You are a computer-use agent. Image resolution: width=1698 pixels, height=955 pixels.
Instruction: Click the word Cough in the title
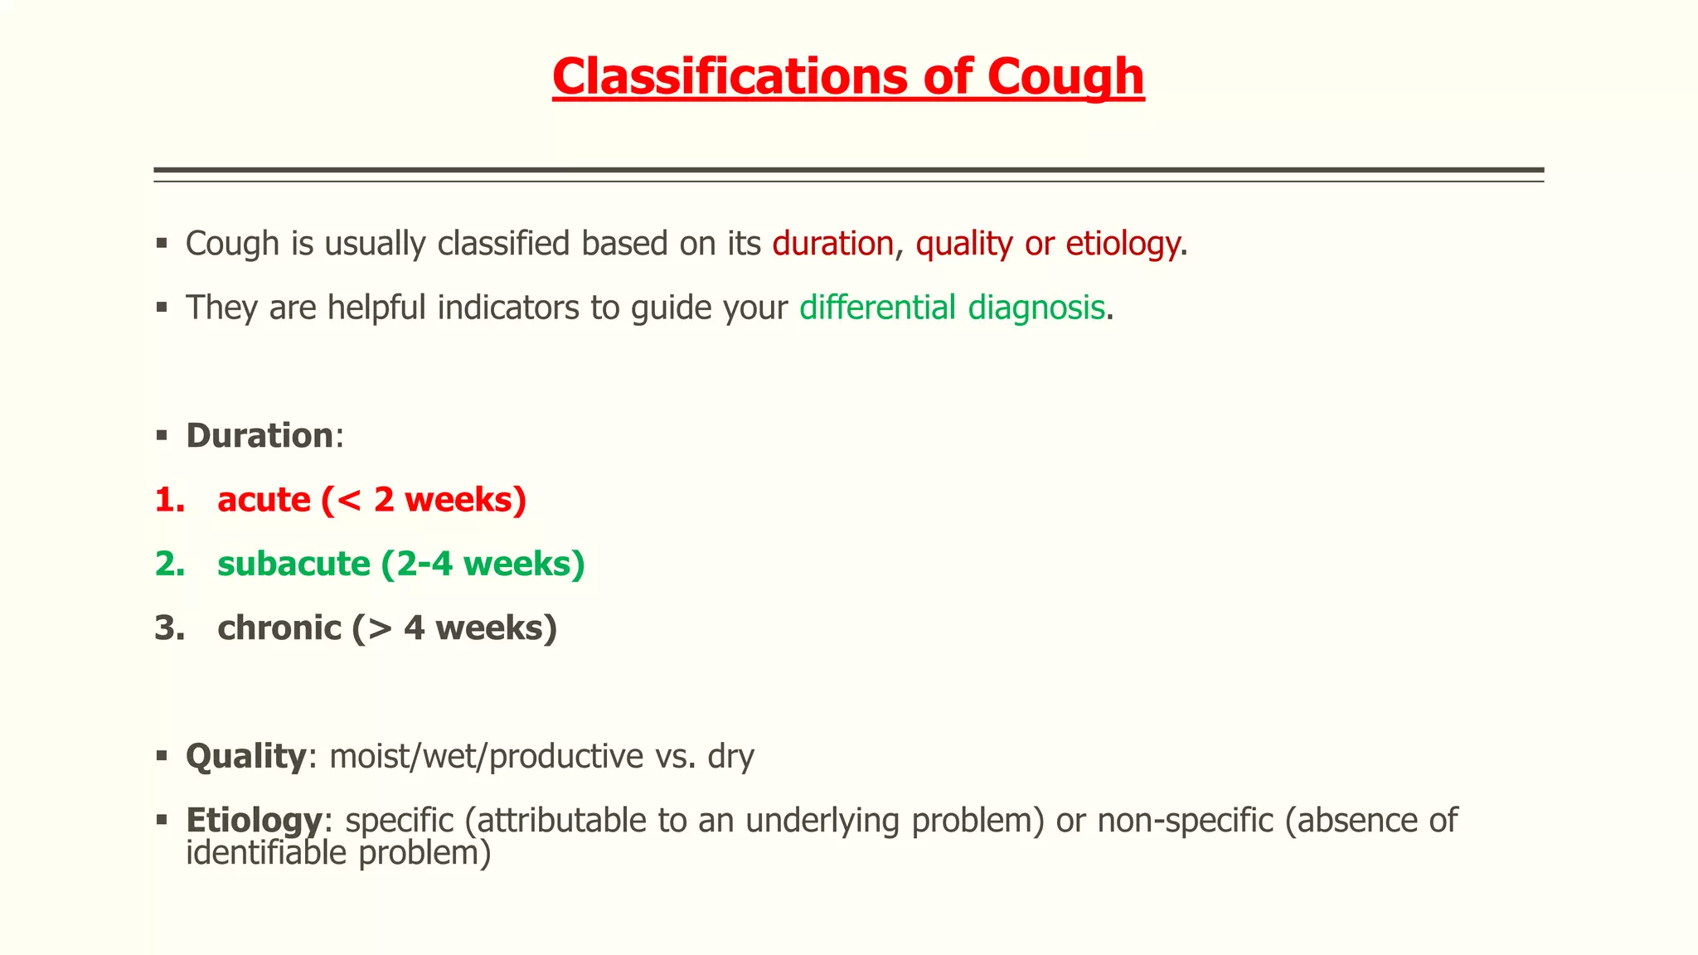[1065, 77]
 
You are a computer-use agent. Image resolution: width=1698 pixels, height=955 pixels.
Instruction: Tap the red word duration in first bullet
[832, 244]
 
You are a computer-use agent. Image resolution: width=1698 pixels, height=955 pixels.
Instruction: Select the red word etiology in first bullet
[1122, 244]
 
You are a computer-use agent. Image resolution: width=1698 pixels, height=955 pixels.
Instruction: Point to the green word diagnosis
[1036, 308]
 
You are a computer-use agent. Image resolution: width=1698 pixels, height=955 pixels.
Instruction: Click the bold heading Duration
[259, 436]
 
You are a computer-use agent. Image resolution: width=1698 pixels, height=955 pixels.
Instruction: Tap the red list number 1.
[168, 500]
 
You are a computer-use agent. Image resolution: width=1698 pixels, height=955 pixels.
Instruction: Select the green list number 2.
[169, 564]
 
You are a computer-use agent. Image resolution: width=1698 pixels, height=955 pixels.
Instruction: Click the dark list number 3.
[169, 628]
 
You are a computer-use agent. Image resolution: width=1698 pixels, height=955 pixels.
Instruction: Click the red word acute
[264, 500]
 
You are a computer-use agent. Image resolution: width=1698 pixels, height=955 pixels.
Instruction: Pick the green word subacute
[294, 564]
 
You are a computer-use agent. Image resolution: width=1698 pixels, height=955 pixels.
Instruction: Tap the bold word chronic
[279, 628]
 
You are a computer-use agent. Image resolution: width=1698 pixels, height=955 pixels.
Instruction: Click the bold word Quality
[246, 756]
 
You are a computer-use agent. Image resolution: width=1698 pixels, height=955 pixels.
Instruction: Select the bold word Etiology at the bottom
[253, 821]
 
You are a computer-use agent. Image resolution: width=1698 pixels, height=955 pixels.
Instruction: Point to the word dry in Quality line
[730, 756]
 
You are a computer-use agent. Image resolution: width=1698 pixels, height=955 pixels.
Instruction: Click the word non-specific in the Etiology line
[1185, 821]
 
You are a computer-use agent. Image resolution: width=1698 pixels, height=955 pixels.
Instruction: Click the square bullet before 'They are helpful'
[162, 308]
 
